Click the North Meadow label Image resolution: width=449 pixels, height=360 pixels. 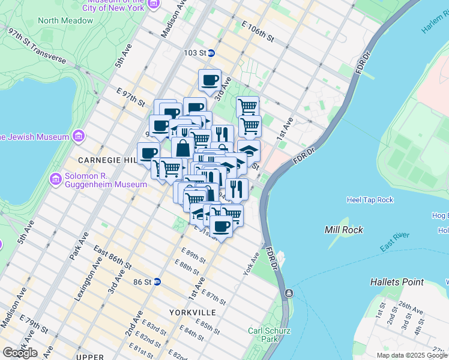tap(65, 20)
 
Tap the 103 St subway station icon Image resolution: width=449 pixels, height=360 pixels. tap(212, 53)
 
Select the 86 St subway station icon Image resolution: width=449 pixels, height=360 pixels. tap(157, 281)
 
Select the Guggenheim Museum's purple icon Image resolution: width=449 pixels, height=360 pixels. tap(55, 179)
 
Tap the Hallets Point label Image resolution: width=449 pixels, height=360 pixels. tap(397, 281)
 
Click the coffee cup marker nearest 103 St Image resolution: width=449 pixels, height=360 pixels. tap(209, 80)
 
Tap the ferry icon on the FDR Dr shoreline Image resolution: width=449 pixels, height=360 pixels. tap(289, 293)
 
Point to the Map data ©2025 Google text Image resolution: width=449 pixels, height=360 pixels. tap(412, 355)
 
